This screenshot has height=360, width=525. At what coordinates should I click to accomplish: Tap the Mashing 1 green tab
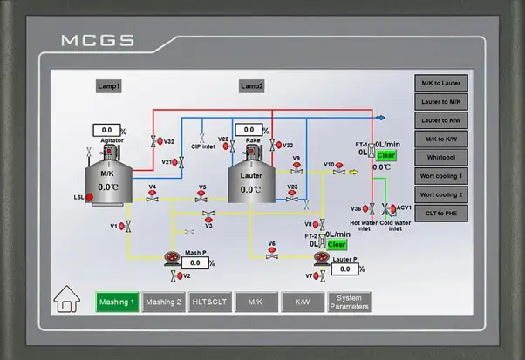point(117,302)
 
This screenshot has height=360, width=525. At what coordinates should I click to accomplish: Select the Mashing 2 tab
point(163,302)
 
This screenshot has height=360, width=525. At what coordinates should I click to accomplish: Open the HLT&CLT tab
point(210,302)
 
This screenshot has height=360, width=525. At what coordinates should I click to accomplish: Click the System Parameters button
point(349,302)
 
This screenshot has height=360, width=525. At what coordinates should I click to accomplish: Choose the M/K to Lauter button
point(441,84)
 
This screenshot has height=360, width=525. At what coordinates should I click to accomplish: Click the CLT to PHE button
point(441,213)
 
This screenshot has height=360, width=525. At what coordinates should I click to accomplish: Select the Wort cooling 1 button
point(441,176)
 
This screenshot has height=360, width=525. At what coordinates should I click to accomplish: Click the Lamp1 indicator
point(108,86)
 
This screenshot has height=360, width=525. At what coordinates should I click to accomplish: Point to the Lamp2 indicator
point(252,86)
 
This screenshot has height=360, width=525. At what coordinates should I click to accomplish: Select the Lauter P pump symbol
point(323,259)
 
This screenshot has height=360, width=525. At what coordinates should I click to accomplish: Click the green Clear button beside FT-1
point(385,155)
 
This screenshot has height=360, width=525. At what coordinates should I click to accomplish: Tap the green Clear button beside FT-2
point(337,245)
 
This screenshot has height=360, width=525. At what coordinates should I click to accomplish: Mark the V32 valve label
point(169,141)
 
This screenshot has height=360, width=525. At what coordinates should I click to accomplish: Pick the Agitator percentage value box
point(106,130)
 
